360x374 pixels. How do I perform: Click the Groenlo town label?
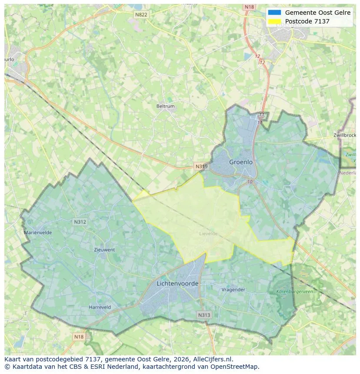point(241,162)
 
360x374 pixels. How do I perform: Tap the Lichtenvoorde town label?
point(177,284)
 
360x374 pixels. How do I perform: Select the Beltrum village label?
point(165,106)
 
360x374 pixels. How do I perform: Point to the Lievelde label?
point(208,234)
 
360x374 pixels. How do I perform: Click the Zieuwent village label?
point(104,250)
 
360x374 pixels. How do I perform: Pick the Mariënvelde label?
point(38,233)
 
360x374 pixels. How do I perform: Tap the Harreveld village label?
point(100,307)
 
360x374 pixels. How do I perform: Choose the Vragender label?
point(233,290)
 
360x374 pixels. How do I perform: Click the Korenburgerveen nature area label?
point(294,292)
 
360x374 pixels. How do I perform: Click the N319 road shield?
point(201,166)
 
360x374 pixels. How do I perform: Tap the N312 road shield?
point(80,222)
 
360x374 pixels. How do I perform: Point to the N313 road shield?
point(204,315)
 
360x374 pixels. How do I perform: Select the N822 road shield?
point(141,15)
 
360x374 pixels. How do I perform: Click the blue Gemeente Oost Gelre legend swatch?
point(275,13)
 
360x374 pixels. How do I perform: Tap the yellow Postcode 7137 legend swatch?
point(275,21)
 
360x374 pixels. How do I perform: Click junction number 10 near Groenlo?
point(250,182)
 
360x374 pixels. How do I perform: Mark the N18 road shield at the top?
point(249,7)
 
